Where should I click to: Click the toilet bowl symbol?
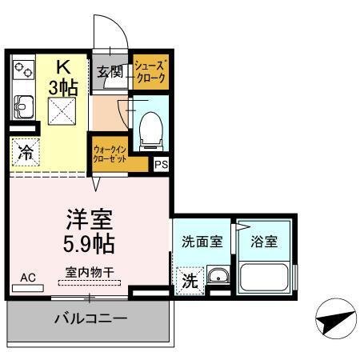(x=151, y=131)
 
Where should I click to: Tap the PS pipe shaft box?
(x=162, y=164)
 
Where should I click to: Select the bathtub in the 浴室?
(x=264, y=278)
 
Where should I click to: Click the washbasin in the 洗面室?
(x=218, y=274)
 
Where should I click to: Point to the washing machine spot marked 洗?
(x=190, y=281)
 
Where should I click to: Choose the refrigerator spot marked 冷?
(x=26, y=152)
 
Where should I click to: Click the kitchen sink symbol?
(x=24, y=106)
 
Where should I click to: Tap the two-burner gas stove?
(x=24, y=70)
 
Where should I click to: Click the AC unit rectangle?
(x=28, y=288)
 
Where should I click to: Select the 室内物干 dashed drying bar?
(x=90, y=283)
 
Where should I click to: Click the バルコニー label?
(x=90, y=318)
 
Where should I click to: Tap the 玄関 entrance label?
(x=110, y=71)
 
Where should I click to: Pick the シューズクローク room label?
(x=150, y=71)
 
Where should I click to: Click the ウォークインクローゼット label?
(x=110, y=154)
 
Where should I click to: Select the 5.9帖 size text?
(x=89, y=243)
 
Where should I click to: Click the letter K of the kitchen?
(x=63, y=67)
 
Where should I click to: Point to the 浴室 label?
(x=264, y=242)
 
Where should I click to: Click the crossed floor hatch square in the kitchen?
(x=62, y=111)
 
